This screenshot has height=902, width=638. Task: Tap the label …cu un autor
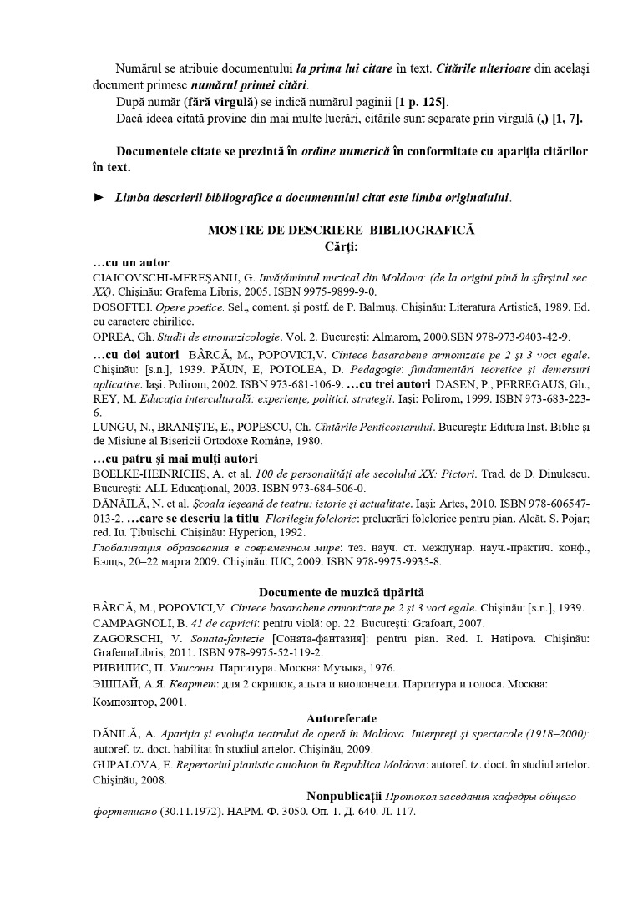pyautogui.click(x=131, y=262)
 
